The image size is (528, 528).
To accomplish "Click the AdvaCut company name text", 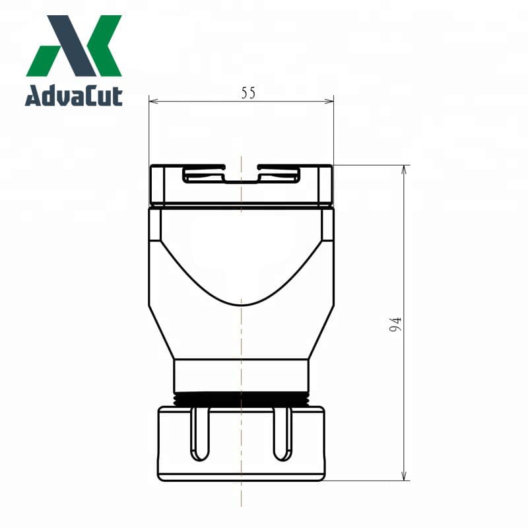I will pyautogui.click(x=74, y=96).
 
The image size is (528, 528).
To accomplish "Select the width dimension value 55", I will pyautogui.click(x=247, y=93).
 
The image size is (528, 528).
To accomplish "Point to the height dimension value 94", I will pyautogui.click(x=395, y=324).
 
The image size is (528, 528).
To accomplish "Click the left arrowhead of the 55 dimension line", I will pyautogui.click(x=152, y=102).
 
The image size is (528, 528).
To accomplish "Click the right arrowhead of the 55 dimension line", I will pyautogui.click(x=330, y=102).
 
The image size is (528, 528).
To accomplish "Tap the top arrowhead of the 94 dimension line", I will pyautogui.click(x=404, y=169).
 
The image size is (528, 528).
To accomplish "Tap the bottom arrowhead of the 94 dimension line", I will pyautogui.click(x=404, y=477).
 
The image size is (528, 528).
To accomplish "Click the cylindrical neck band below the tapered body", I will pyautogui.click(x=241, y=376).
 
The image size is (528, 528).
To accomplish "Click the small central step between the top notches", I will pyautogui.click(x=242, y=178).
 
